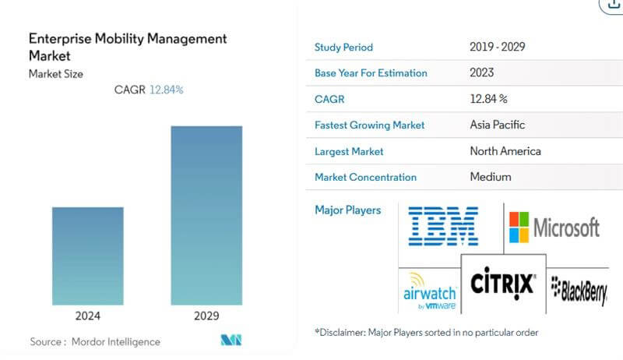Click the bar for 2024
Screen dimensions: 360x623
(x=87, y=255)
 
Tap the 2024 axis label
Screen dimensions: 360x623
(x=87, y=316)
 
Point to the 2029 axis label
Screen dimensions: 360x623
(x=206, y=316)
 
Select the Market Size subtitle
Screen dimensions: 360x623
(x=55, y=74)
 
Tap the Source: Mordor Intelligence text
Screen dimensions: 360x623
(x=95, y=341)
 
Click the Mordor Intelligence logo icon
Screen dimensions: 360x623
(x=231, y=341)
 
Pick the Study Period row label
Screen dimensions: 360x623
(x=343, y=47)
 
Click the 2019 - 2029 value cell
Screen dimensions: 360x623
(x=497, y=47)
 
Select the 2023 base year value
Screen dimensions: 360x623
(x=483, y=72)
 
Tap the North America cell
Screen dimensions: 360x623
(x=505, y=150)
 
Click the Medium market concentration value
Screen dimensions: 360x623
(x=491, y=177)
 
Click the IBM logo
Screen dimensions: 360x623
(x=443, y=226)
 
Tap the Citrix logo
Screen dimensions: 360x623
(x=503, y=281)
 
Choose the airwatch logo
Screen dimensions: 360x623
(x=426, y=292)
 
